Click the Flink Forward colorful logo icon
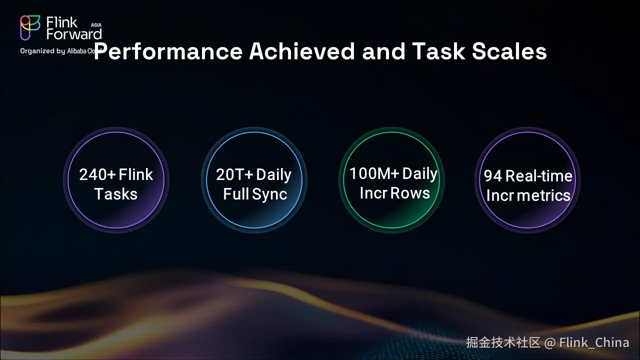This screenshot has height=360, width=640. (30, 27)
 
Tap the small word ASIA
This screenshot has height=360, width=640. (96, 25)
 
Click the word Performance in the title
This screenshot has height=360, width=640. (168, 51)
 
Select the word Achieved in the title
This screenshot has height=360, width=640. (302, 51)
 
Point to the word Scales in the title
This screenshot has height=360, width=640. (509, 51)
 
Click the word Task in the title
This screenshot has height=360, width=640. (438, 51)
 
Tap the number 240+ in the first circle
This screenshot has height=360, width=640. (97, 174)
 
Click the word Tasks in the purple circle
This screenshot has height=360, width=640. (115, 194)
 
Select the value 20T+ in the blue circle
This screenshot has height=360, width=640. (234, 174)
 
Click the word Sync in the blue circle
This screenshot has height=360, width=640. (269, 194)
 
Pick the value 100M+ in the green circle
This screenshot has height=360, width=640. (374, 173)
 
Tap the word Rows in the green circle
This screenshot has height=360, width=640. (410, 193)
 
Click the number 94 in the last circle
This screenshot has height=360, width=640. (493, 176)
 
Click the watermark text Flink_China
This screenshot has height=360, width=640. (594, 342)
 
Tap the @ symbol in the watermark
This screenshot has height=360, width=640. (549, 343)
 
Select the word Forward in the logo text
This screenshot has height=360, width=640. (74, 34)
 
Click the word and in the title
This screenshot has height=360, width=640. (383, 51)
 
